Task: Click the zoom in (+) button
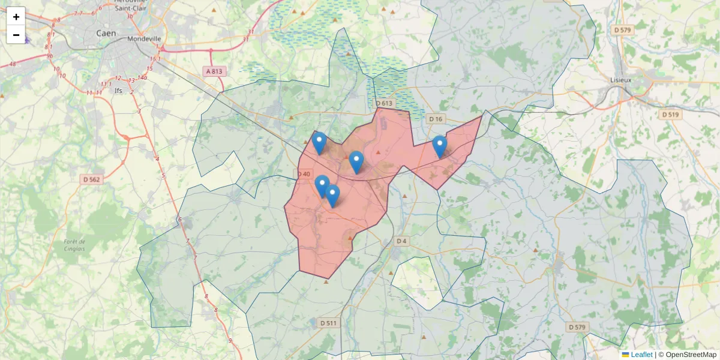(16, 17)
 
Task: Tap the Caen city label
(106, 34)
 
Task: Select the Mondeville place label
(145, 39)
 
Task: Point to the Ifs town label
(118, 91)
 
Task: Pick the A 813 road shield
(214, 71)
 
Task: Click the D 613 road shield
(384, 103)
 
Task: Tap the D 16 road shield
(436, 119)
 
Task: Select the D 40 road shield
(304, 174)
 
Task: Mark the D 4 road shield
(401, 241)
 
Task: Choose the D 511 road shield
(329, 323)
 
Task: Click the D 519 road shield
(670, 114)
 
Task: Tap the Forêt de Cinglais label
(74, 245)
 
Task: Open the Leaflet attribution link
(641, 355)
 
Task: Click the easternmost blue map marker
(440, 146)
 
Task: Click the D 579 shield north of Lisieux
(623, 29)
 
